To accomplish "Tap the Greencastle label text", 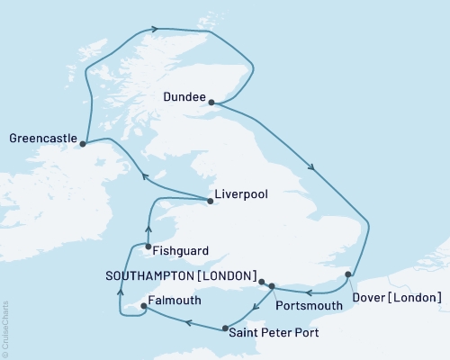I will pyautogui.click(x=41, y=139).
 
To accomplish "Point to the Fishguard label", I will pyautogui.click(x=183, y=253).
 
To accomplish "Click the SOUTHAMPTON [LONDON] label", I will pyautogui.click(x=180, y=275).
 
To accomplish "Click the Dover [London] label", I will pyautogui.click(x=397, y=297).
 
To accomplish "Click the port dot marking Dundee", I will pyautogui.click(x=212, y=103).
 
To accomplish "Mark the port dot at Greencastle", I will pyautogui.click(x=83, y=143).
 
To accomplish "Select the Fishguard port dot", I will pyautogui.click(x=147, y=247).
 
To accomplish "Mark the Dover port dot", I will pyautogui.click(x=348, y=274).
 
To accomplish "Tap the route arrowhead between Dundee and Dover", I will pyautogui.click(x=311, y=166).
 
